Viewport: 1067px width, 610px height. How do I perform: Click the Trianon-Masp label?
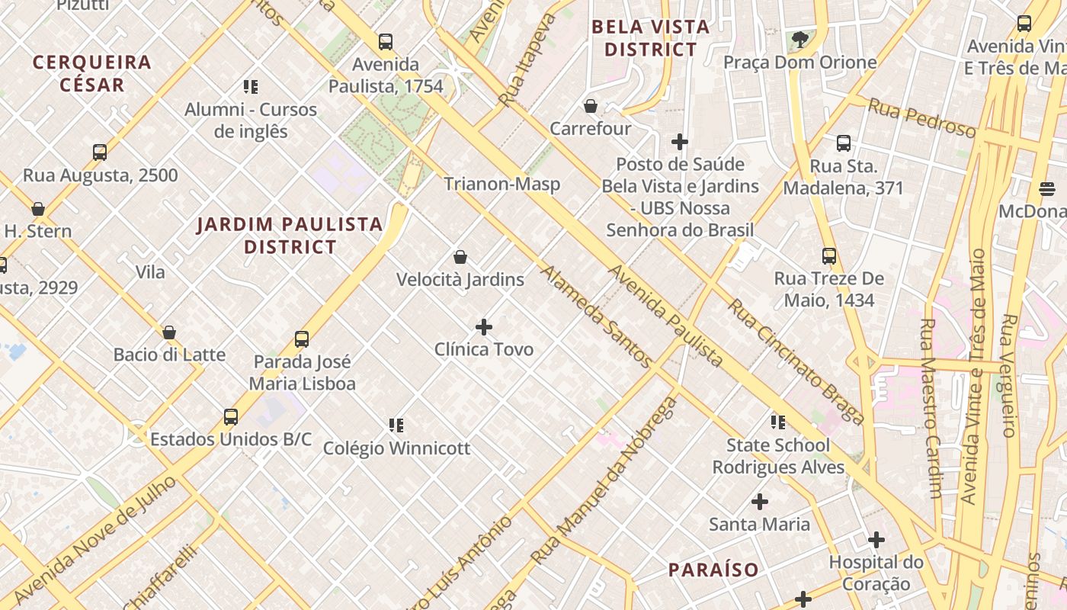(501, 184)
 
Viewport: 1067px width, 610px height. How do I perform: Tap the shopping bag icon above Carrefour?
(590, 106)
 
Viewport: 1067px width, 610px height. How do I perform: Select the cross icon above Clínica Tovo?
(483, 327)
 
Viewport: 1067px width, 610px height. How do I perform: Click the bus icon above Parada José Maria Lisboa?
(302, 339)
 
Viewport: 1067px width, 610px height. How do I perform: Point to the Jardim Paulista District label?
(290, 235)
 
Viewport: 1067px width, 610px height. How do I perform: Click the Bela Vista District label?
(650, 38)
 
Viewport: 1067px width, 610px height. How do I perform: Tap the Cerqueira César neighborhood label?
(92, 73)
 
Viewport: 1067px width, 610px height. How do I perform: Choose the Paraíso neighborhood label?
(713, 570)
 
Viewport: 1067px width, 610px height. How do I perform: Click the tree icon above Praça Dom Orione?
(799, 40)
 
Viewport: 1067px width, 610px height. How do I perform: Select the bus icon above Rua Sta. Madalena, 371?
(843, 143)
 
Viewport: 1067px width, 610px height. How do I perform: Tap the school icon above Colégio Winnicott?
(396, 425)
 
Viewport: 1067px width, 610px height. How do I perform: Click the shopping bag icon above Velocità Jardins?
(460, 257)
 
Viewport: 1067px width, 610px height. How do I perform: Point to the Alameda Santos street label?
(596, 316)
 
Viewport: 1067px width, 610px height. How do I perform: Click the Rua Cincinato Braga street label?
(796, 361)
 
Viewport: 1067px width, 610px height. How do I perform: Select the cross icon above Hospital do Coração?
(876, 540)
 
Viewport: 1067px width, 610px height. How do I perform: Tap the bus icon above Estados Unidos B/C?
(231, 417)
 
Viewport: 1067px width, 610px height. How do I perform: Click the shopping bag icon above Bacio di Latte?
(169, 332)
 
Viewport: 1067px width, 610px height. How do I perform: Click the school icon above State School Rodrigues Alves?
(777, 422)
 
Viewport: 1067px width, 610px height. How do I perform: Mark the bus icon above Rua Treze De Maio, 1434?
(829, 256)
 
